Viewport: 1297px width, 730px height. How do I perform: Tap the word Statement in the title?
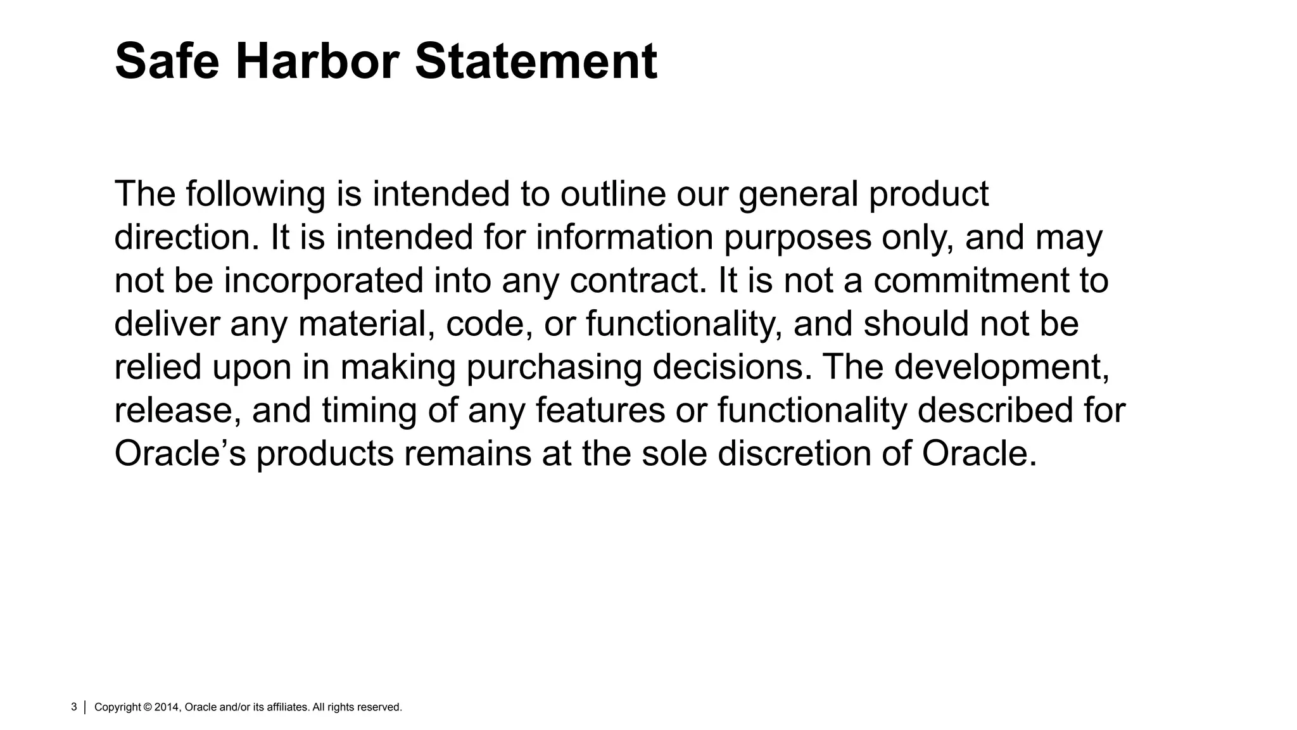[x=536, y=61]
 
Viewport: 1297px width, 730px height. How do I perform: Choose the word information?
[x=624, y=237]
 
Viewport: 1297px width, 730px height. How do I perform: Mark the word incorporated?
[x=324, y=280]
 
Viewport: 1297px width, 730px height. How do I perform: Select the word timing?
[x=369, y=410]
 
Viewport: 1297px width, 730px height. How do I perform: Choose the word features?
[x=600, y=410]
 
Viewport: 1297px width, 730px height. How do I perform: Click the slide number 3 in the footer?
[x=74, y=707]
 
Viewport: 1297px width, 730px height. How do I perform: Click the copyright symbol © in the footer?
[x=148, y=707]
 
